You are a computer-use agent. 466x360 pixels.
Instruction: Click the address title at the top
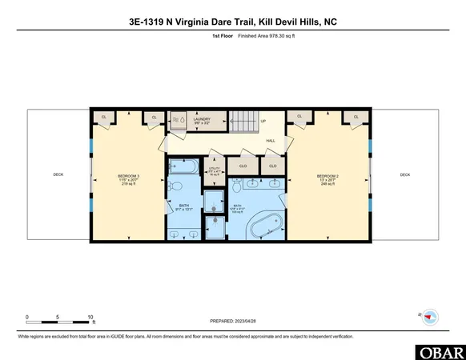tap(232, 22)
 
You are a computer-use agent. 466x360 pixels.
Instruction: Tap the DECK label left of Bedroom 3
tap(58, 174)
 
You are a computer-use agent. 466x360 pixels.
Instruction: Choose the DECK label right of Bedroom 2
tap(404, 174)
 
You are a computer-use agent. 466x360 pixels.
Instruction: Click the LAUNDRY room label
tap(201, 121)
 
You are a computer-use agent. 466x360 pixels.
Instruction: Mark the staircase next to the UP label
tap(241, 123)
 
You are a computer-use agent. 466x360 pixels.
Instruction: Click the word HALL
tap(271, 140)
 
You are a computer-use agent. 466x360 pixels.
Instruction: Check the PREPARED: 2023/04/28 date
tap(232, 324)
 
